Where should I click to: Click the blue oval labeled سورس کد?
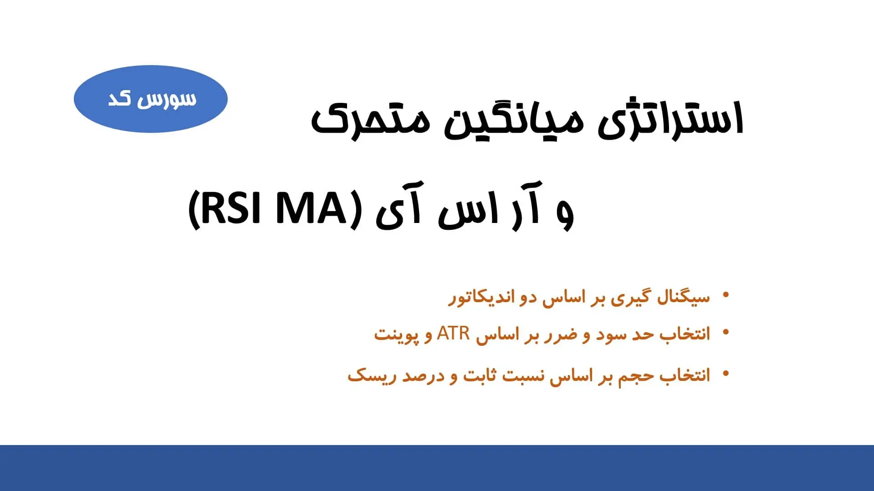pyautogui.click(x=150, y=99)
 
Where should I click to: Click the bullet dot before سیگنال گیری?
pyautogui.click(x=726, y=295)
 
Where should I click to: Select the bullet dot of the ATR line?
pyautogui.click(x=726, y=333)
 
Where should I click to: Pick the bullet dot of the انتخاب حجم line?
pyautogui.click(x=726, y=374)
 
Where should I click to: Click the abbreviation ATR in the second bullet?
pyautogui.click(x=453, y=334)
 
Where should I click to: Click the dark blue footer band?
pyautogui.click(x=437, y=468)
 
